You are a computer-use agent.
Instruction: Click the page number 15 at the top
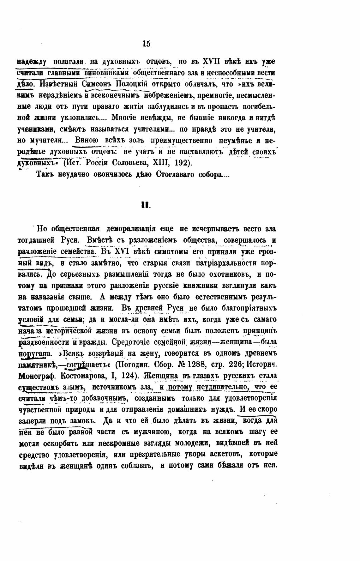coord(147,44)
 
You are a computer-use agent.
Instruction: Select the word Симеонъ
coord(97,84)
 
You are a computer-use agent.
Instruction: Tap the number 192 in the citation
coord(183,163)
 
